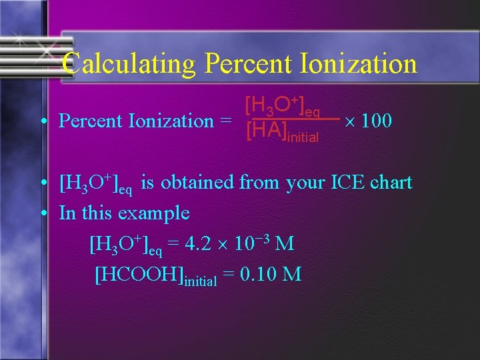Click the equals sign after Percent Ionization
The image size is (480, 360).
(225, 121)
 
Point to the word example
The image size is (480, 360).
(153, 214)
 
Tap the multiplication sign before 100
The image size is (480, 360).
(348, 121)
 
